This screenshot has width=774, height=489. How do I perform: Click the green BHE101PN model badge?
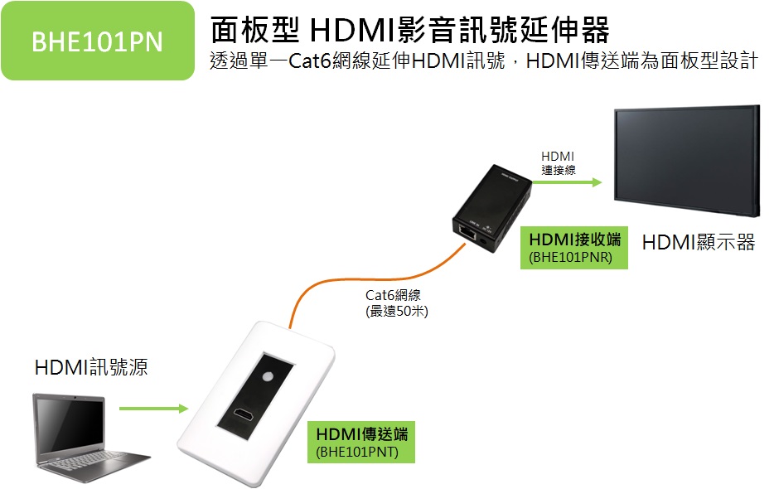[97, 41]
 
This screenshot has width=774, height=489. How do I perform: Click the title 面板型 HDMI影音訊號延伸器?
[409, 30]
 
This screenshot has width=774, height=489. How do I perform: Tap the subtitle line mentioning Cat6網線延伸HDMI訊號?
[483, 62]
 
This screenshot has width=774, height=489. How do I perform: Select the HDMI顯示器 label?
[698, 243]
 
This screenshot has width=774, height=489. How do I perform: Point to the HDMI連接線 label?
[558, 162]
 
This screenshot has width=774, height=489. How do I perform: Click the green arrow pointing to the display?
[571, 183]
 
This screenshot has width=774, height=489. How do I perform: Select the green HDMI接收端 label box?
[575, 248]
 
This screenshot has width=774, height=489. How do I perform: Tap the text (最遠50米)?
[397, 312]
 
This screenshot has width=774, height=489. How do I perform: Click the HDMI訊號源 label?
[91, 367]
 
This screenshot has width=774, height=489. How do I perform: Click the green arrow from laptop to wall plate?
[153, 409]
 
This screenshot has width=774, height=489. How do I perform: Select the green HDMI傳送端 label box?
[361, 442]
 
